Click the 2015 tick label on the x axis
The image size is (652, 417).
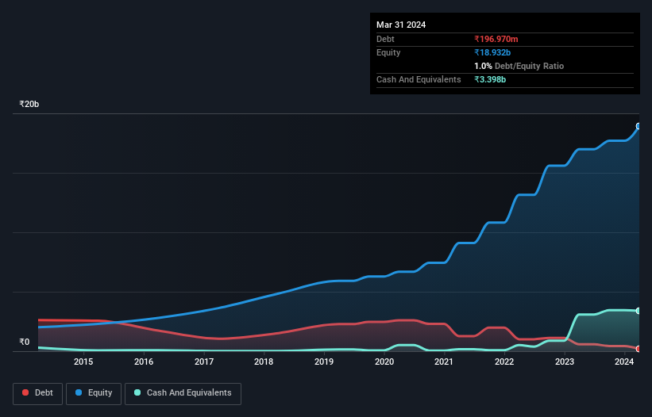pyautogui.click(x=83, y=362)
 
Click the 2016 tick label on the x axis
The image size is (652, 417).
pyautogui.click(x=144, y=362)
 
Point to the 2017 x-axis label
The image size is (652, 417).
pyautogui.click(x=204, y=362)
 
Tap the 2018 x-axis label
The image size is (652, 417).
pyautogui.click(x=264, y=362)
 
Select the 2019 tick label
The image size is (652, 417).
pyautogui.click(x=324, y=362)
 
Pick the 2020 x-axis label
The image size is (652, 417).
pyautogui.click(x=384, y=362)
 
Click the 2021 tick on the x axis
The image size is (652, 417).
pyautogui.click(x=444, y=362)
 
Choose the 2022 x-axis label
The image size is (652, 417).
pyautogui.click(x=504, y=362)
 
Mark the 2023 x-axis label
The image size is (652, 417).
pyautogui.click(x=565, y=362)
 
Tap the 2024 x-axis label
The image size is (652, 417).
pyautogui.click(x=624, y=362)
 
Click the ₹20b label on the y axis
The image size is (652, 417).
pyautogui.click(x=29, y=105)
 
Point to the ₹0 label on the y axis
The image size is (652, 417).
pyautogui.click(x=24, y=342)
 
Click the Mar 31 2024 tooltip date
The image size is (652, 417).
pyautogui.click(x=401, y=25)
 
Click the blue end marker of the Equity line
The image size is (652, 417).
pyautogui.click(x=638, y=127)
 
